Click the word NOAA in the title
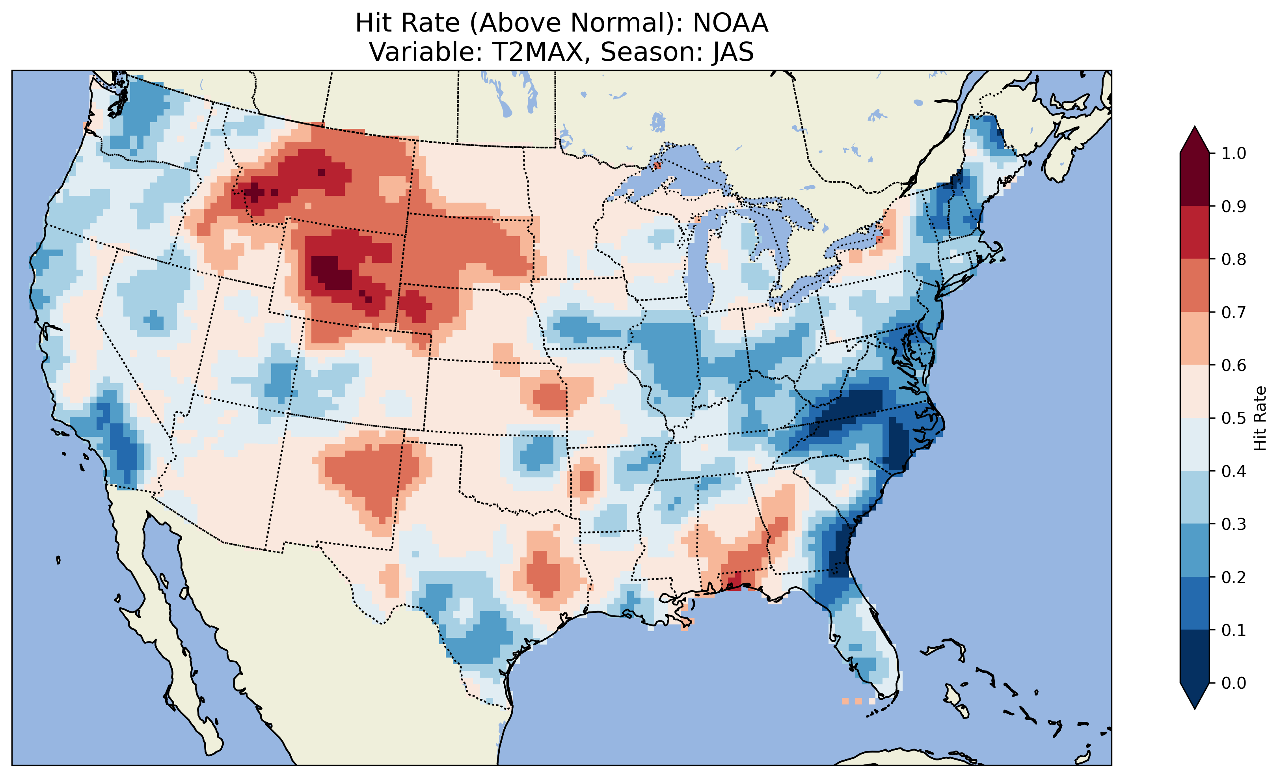click(x=730, y=23)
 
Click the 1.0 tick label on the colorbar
click(x=1233, y=153)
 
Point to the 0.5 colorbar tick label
click(x=1233, y=418)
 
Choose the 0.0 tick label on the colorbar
click(x=1233, y=683)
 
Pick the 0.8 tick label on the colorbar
click(x=1233, y=259)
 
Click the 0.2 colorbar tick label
click(x=1233, y=577)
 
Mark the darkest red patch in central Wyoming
click(x=331, y=272)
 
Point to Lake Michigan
click(x=702, y=265)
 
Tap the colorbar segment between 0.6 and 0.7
click(x=1195, y=338)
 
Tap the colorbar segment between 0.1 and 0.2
click(x=1195, y=603)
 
